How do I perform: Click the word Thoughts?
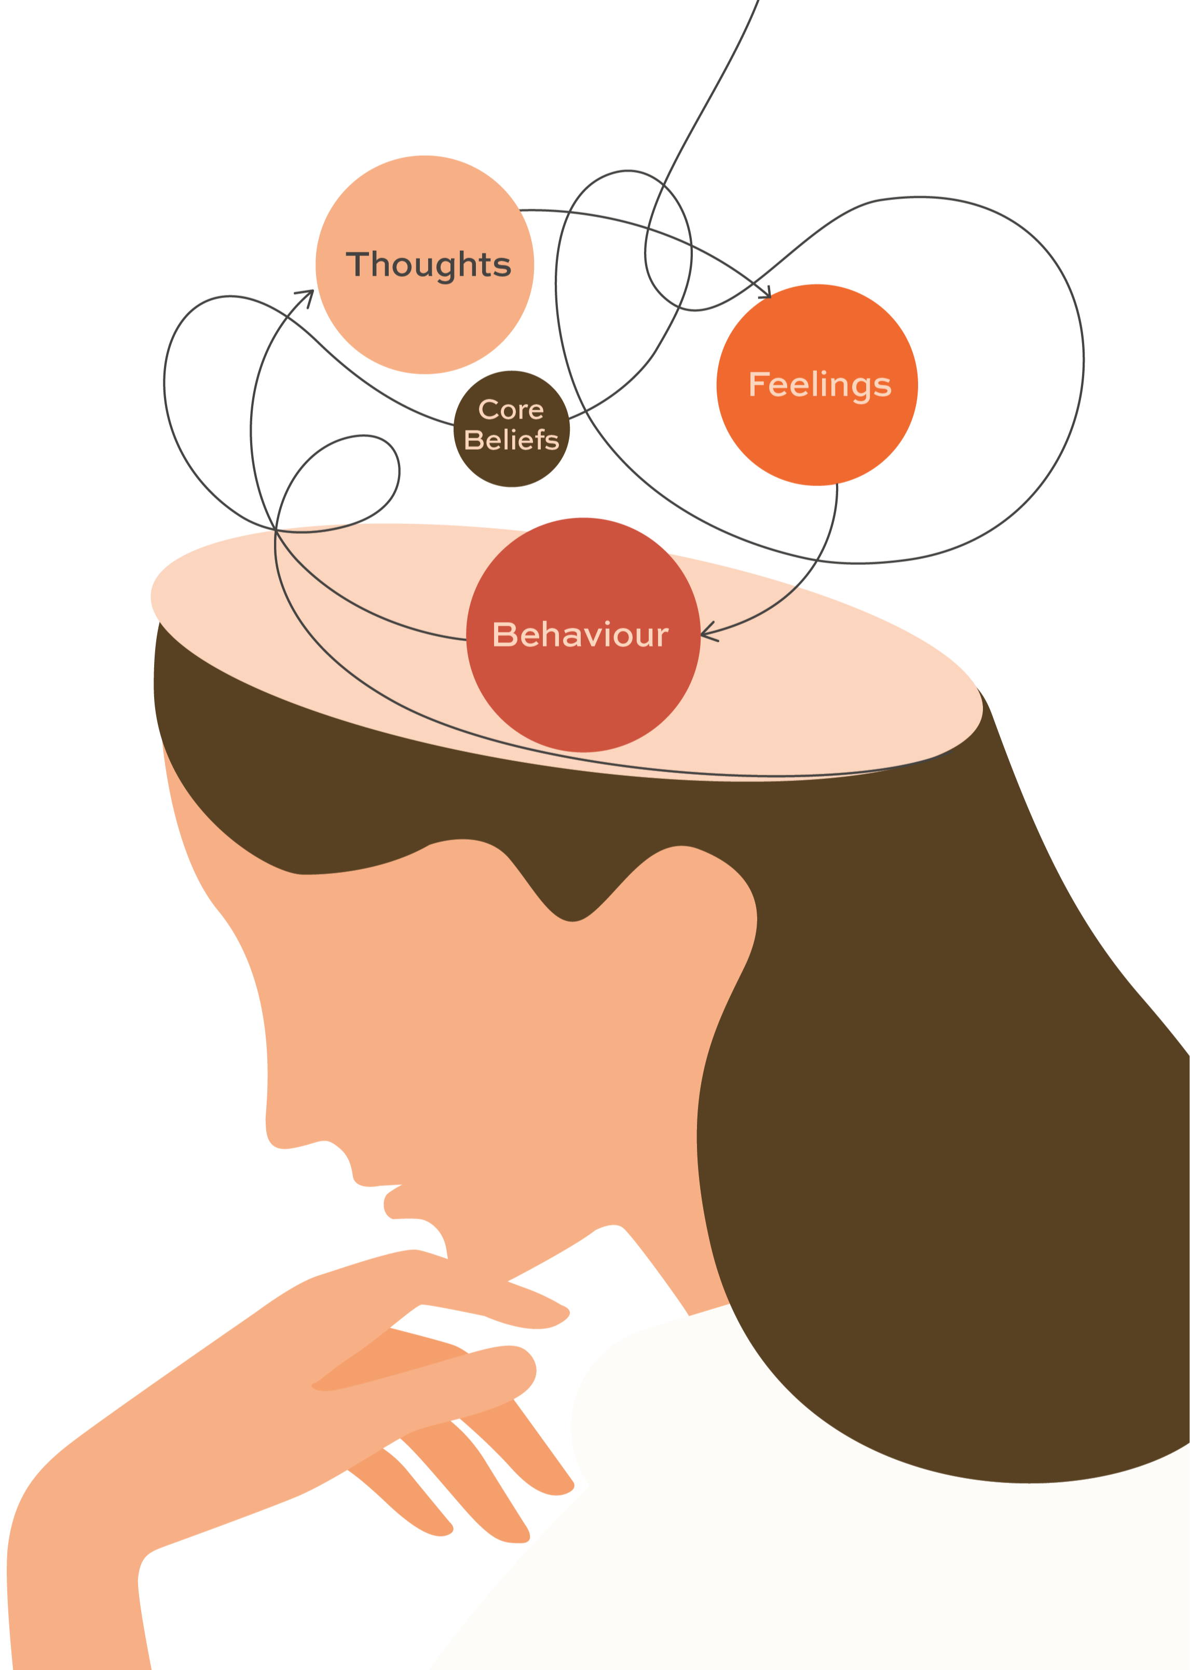click(428, 265)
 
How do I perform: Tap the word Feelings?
click(819, 385)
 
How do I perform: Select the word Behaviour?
click(580, 635)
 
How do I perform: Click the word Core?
click(511, 410)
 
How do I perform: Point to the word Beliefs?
click(511, 440)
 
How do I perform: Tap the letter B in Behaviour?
click(503, 635)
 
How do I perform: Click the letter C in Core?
click(487, 410)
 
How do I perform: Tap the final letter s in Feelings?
click(882, 386)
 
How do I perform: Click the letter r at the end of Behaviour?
click(662, 636)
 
